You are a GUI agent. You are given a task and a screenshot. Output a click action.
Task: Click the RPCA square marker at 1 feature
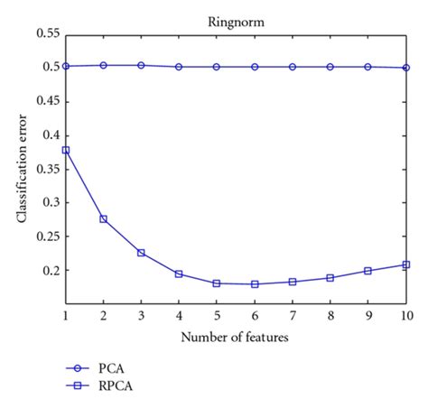coord(66,150)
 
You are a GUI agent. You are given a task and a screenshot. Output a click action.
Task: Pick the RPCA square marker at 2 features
coord(104,218)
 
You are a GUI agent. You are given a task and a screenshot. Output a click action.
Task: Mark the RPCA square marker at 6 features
coord(255,283)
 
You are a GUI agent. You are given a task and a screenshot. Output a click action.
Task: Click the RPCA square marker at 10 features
coord(406,264)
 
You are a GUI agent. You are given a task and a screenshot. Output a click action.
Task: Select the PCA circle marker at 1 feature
coord(66,66)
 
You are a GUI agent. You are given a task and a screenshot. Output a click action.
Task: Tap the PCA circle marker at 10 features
coord(406,68)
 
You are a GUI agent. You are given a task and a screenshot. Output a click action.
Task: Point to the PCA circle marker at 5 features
coord(217,67)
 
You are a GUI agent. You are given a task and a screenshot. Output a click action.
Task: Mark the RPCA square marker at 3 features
coord(142,253)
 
